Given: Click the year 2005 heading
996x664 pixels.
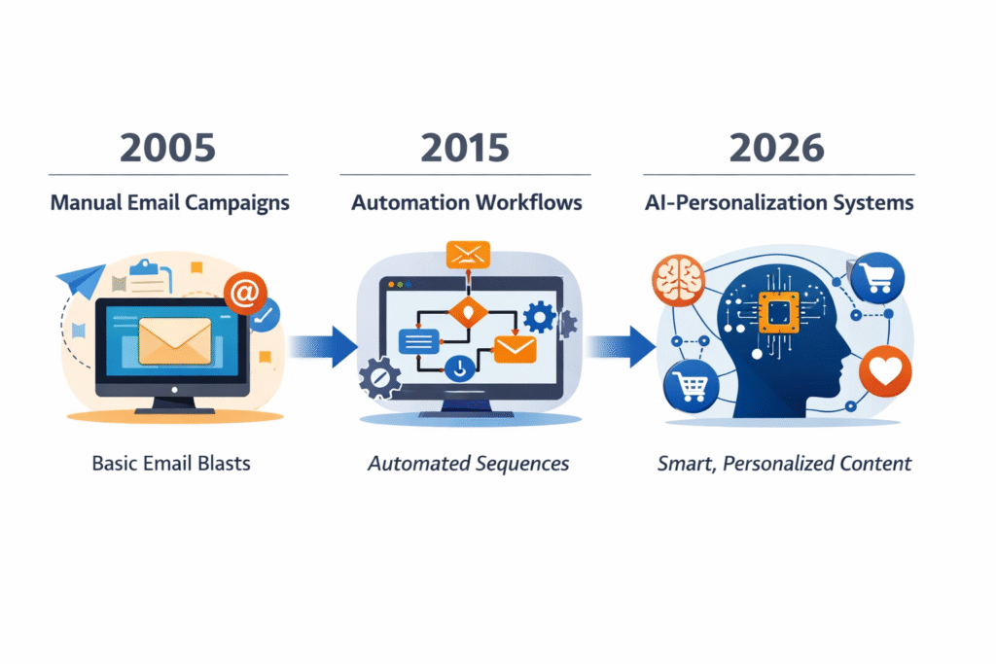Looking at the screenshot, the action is click(x=167, y=148).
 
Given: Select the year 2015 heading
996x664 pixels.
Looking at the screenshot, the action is click(x=465, y=148).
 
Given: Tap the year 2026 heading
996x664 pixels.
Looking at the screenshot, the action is click(x=777, y=148).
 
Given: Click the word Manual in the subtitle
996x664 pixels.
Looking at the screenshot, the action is click(x=87, y=202).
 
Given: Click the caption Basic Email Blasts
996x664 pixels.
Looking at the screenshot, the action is click(x=171, y=464).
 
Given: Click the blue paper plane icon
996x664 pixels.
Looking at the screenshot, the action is click(x=82, y=279).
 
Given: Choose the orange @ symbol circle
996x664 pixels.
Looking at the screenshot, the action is click(x=245, y=293).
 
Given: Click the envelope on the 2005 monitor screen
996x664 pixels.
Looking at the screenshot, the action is click(x=175, y=341).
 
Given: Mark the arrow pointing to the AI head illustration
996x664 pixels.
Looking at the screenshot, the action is click(x=621, y=347).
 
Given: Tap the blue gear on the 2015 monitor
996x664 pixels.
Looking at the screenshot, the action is click(x=539, y=317).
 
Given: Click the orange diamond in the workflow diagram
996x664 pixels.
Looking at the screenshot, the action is click(x=468, y=312).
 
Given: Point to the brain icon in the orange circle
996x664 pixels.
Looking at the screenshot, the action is click(x=678, y=280).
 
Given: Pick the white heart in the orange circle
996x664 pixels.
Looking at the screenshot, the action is click(x=885, y=371).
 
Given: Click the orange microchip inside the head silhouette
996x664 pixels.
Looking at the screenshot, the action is click(x=779, y=312).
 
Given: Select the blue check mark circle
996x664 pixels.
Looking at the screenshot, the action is click(x=266, y=316).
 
